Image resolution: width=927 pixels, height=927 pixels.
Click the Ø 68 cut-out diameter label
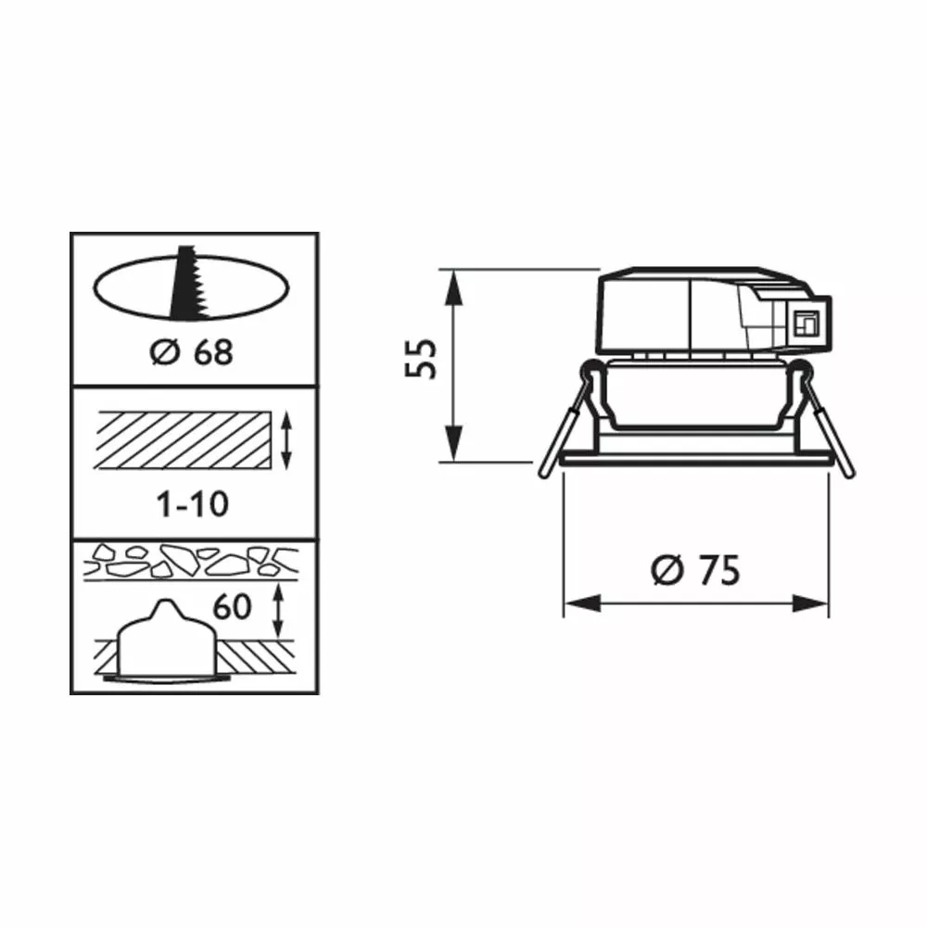pyautogui.click(x=192, y=352)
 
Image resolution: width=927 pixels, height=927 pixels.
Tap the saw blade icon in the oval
pyautogui.click(x=188, y=283)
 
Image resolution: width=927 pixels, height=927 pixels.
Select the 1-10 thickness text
pyautogui.click(x=192, y=504)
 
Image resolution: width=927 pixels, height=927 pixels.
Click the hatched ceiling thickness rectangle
pyautogui.click(x=184, y=440)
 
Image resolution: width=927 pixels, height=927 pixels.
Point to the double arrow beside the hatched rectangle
pyautogui.click(x=286, y=441)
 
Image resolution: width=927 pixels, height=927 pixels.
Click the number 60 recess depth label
pyautogui.click(x=232, y=607)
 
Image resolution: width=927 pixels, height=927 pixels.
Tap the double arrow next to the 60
pyautogui.click(x=277, y=611)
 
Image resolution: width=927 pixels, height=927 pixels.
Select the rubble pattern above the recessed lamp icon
pyautogui.click(x=191, y=561)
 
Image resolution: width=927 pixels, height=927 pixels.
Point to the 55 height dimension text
pyautogui.click(x=420, y=358)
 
